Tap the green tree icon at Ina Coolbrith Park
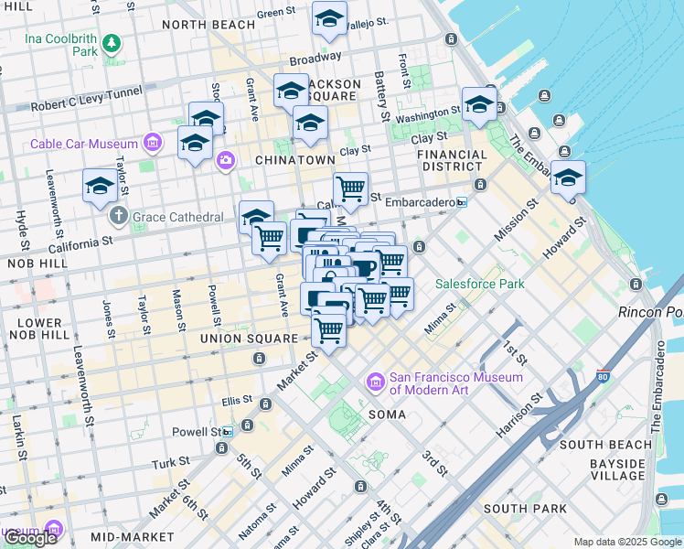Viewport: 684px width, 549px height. (x=112, y=42)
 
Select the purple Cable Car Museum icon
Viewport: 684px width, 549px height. (x=153, y=143)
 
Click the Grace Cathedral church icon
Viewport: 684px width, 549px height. (x=118, y=217)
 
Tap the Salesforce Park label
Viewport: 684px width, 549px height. (x=479, y=284)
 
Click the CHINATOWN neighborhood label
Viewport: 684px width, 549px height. (x=294, y=160)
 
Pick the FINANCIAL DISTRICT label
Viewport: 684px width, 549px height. (x=452, y=160)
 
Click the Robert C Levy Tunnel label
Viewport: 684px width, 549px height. (x=86, y=99)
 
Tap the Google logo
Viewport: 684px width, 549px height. (x=30, y=538)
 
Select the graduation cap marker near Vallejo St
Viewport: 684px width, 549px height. (x=329, y=18)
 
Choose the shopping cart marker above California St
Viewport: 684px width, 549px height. (x=350, y=190)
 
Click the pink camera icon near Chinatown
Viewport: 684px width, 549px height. (x=225, y=162)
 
